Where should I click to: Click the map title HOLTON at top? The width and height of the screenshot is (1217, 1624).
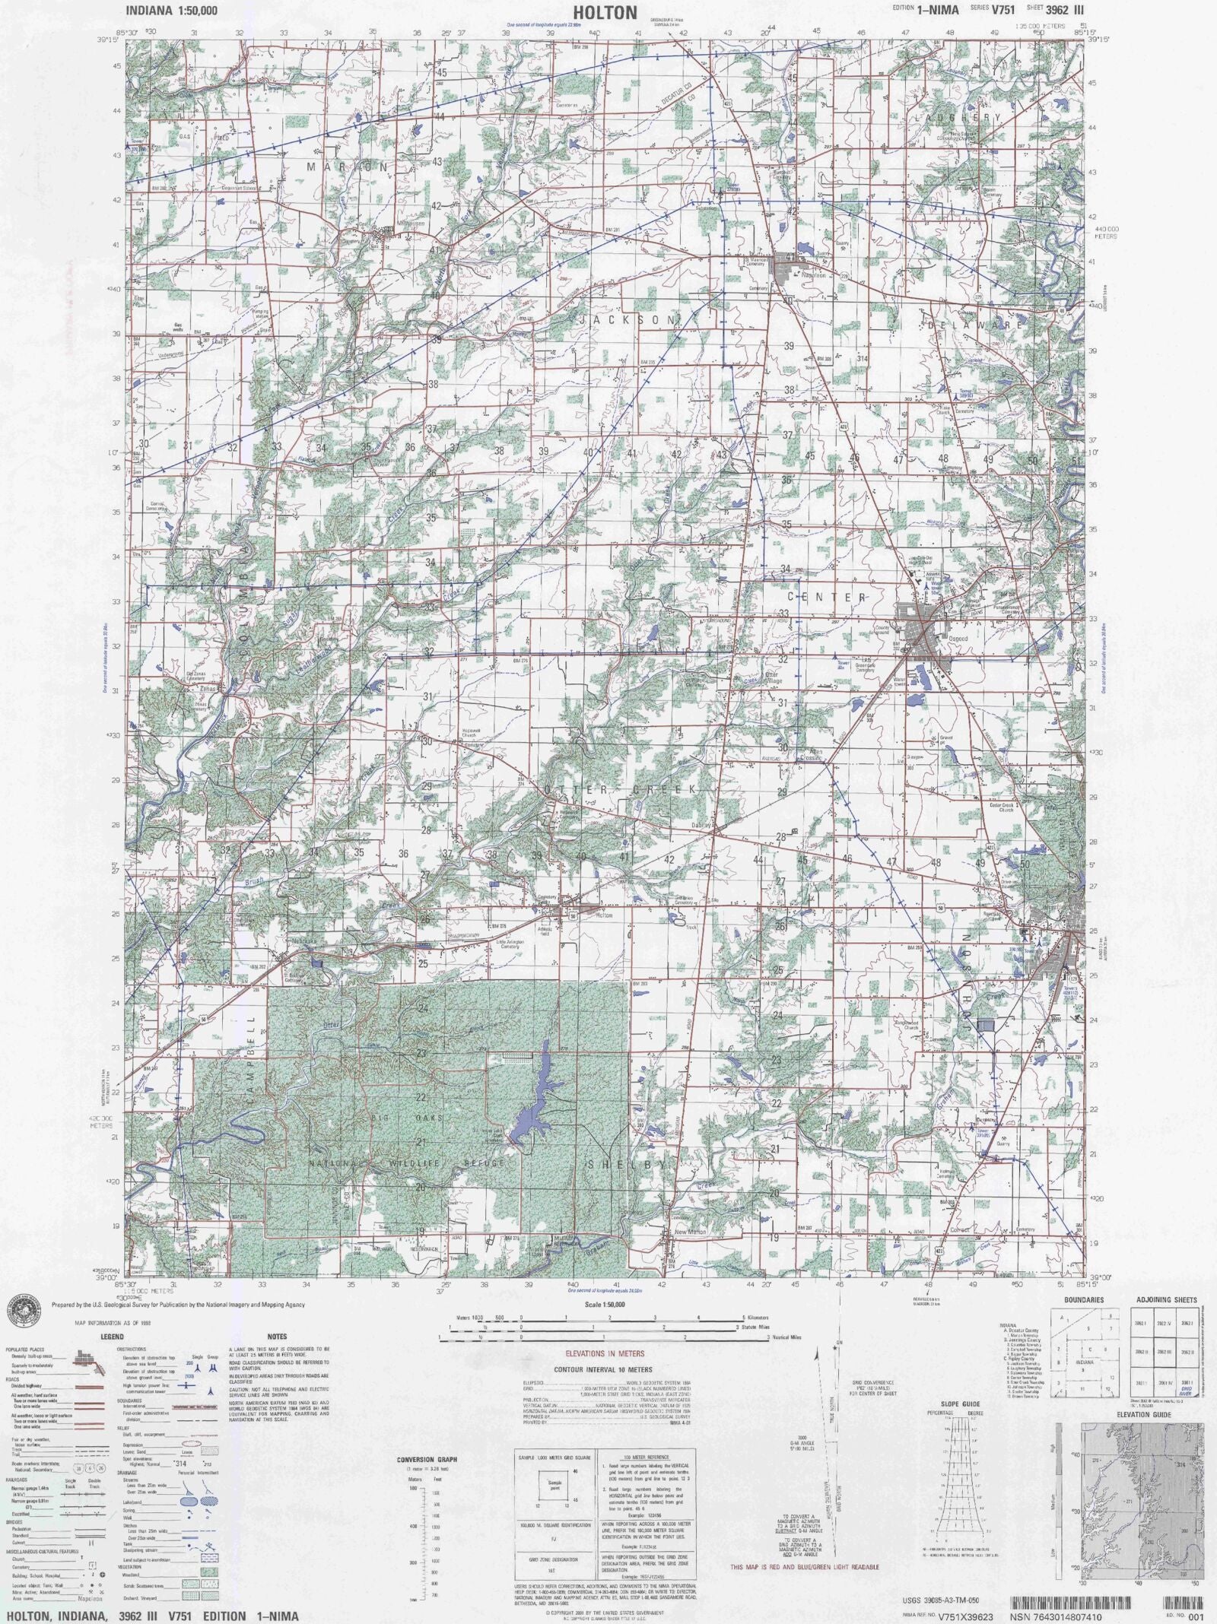tap(605, 12)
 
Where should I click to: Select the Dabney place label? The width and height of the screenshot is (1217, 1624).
tap(701, 824)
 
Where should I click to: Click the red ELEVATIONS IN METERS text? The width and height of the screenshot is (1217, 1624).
tap(605, 1353)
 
